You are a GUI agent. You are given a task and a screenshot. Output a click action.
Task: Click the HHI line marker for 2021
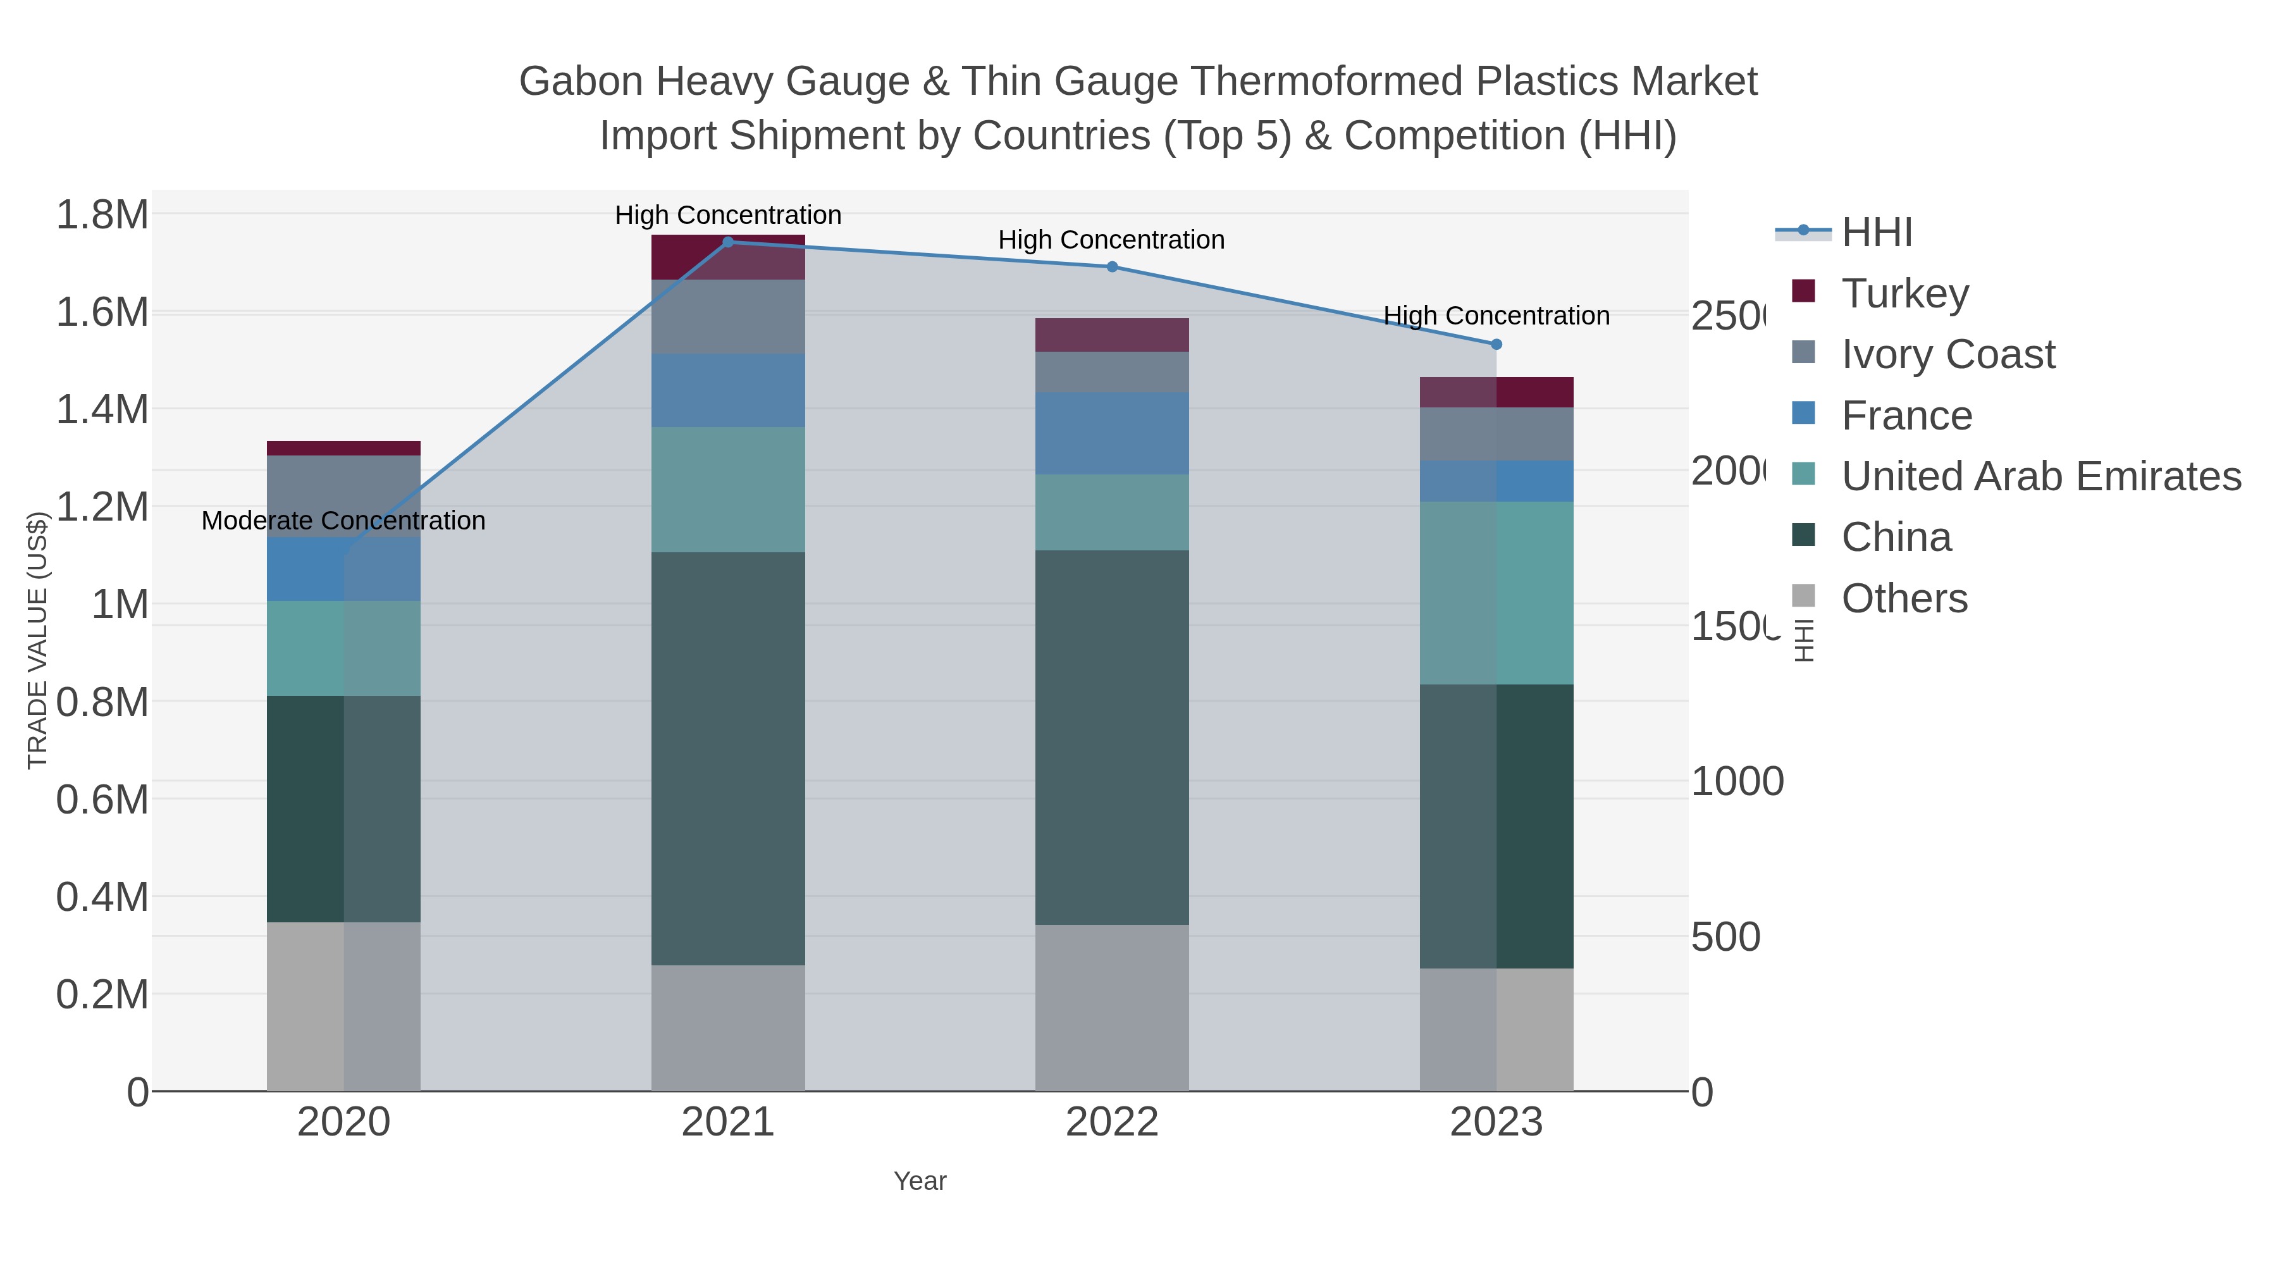pos(729,242)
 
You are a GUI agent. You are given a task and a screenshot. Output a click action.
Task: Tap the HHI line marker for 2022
pos(1112,267)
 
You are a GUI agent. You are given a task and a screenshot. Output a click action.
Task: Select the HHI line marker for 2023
pos(1496,345)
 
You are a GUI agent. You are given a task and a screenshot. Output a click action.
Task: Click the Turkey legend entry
pos(1905,294)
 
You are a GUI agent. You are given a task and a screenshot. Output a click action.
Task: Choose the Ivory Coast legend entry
pos(1948,354)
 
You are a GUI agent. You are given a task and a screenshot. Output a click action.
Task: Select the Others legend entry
pos(1904,598)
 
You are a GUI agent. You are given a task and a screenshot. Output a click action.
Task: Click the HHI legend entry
pos(1877,233)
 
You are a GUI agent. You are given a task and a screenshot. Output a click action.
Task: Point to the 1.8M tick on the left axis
pos(102,215)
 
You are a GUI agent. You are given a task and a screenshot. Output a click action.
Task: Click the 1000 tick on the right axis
pos(1737,781)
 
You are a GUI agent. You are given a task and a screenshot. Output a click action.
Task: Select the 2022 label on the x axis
pos(1112,1123)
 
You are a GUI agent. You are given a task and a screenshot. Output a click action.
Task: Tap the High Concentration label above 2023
pos(1496,316)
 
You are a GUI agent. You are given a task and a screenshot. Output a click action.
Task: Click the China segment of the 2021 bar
pos(729,758)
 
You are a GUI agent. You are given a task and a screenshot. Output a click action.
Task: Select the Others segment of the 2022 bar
pos(1112,1008)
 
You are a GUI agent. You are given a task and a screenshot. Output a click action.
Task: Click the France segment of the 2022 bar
pos(1112,433)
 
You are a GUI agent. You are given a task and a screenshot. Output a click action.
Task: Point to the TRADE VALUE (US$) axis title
pos(37,640)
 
